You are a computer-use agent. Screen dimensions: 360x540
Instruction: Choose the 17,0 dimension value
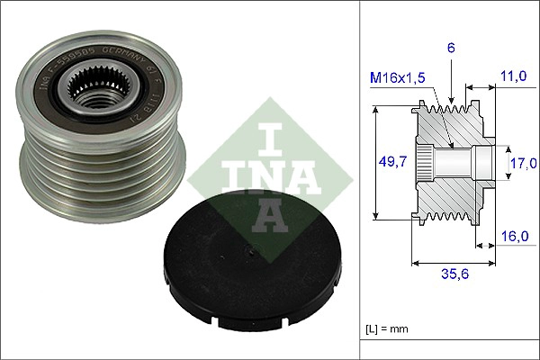click(x=521, y=163)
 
